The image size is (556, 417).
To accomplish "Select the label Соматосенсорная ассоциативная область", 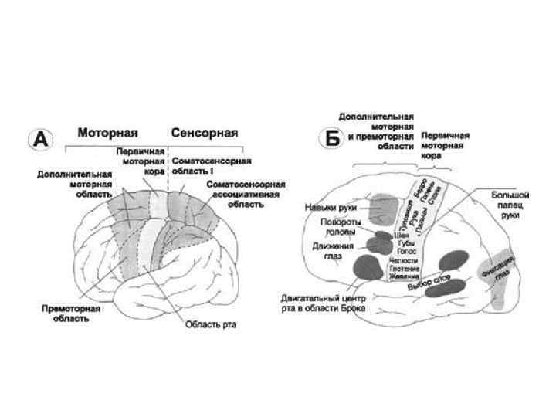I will tap(246, 194).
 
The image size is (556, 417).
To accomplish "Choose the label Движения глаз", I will tap(334, 251).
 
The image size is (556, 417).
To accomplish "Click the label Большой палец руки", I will tap(510, 207).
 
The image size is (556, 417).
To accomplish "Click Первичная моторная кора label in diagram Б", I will tap(446, 144).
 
